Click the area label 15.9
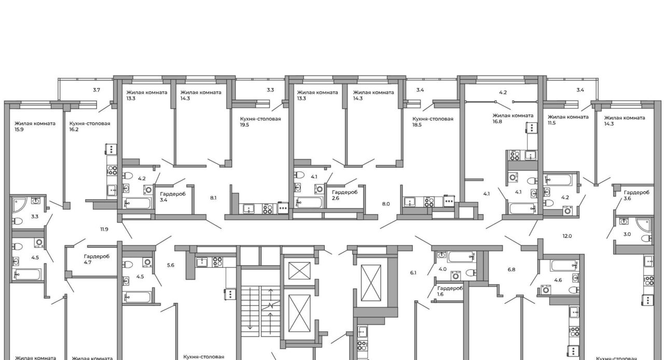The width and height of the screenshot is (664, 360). (x=19, y=130)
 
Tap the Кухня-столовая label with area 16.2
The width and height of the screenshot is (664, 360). (x=90, y=127)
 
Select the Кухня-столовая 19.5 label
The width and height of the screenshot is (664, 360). (x=260, y=122)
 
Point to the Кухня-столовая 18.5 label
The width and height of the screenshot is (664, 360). (x=433, y=122)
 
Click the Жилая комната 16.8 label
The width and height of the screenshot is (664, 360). (x=513, y=118)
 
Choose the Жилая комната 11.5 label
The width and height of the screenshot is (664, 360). (x=568, y=120)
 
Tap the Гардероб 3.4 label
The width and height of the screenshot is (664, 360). (x=173, y=197)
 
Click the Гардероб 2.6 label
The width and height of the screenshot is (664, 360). (x=344, y=195)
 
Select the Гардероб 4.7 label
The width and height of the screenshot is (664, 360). (x=96, y=259)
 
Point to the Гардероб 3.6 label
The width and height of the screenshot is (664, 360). (x=637, y=196)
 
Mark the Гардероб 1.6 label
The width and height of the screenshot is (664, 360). (x=450, y=291)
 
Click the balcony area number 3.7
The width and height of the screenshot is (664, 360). (x=96, y=90)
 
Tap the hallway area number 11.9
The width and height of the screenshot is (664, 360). (x=104, y=229)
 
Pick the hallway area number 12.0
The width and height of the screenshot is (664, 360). (x=567, y=236)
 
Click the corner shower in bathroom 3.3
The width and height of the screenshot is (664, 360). (x=19, y=205)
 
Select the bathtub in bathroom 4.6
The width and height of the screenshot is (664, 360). (x=563, y=266)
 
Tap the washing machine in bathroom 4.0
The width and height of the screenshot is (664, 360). (x=455, y=276)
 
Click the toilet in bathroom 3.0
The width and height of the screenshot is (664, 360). (x=646, y=238)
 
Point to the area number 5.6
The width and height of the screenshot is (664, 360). (x=171, y=265)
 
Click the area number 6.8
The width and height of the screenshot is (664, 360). (x=511, y=270)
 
